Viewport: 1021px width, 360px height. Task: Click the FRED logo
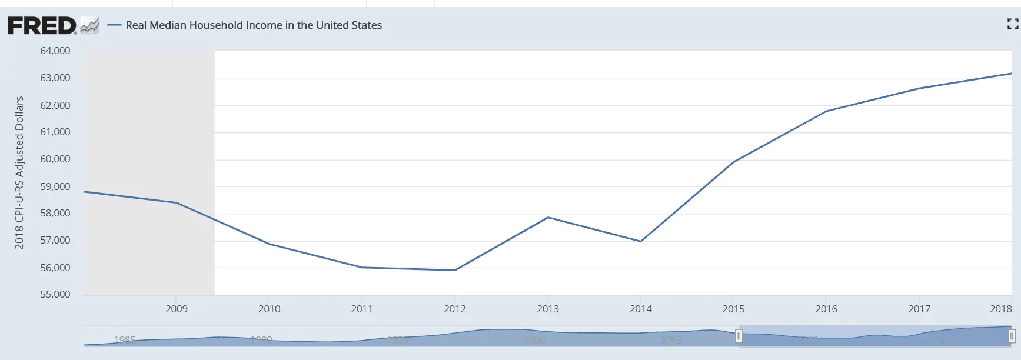42,26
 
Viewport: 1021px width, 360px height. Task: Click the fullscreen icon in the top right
1012,24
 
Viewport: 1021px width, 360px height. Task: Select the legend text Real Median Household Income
254,25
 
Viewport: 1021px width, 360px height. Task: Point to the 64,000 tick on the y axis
55,51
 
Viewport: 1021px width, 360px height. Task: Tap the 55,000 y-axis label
55,294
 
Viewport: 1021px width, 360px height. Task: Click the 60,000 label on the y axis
55,159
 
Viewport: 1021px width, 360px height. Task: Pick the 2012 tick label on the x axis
455,309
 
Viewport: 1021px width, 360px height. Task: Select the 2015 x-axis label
733,309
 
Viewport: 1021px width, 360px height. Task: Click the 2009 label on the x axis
177,309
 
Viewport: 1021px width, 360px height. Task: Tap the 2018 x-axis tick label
1000,309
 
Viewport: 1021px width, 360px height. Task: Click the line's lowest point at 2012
455,270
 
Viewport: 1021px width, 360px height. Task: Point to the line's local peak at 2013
548,218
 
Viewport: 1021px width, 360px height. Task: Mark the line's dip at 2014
641,241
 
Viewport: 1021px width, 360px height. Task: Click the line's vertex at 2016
826,111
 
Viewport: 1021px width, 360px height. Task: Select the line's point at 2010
269,244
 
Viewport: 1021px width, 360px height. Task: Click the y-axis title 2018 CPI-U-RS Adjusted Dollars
19,173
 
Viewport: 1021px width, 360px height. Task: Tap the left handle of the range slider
739,336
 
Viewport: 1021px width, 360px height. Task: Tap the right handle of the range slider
1011,336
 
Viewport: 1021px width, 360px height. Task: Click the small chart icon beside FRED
89,26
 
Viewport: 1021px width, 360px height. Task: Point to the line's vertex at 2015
733,162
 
